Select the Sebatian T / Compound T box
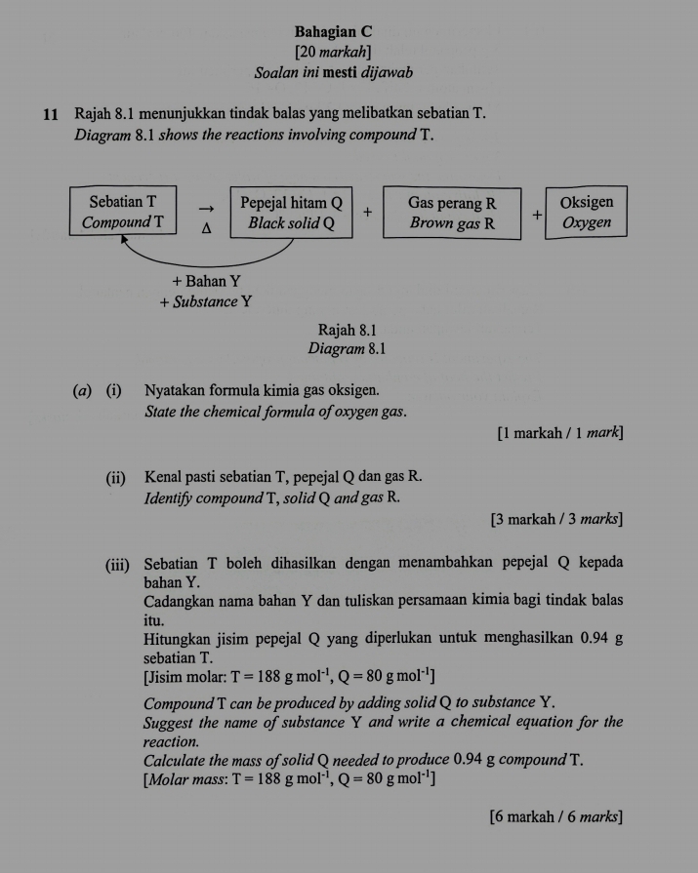(123, 212)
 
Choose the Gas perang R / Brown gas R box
(452, 212)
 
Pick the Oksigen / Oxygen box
(587, 212)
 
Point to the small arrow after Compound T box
(206, 207)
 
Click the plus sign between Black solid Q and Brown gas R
(367, 210)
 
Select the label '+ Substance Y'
(206, 301)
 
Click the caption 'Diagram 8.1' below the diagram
(348, 348)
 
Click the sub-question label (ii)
(116, 477)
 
